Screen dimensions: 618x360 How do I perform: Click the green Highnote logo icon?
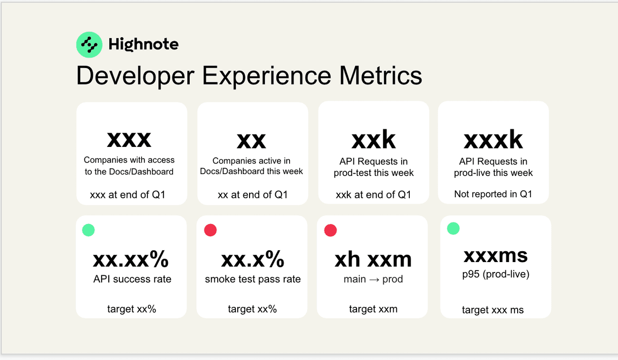tap(89, 45)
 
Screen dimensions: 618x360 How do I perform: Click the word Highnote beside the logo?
tap(144, 44)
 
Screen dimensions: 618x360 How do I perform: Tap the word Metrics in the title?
tap(380, 76)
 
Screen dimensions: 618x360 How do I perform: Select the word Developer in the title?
tap(135, 77)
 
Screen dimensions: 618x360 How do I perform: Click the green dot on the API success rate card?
tap(88, 230)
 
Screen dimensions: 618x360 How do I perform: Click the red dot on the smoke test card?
tap(210, 230)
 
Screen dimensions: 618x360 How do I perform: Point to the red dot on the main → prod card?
tap(330, 230)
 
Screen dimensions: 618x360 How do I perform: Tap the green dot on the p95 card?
tap(453, 228)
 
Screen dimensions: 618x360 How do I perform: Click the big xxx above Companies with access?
tap(129, 139)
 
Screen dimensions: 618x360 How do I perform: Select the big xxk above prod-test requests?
tap(374, 139)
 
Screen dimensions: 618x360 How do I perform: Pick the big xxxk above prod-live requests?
tap(493, 139)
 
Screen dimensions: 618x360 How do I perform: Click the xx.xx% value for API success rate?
tap(131, 259)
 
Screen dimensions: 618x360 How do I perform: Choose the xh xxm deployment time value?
tap(373, 260)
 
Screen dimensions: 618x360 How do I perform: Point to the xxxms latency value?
tap(495, 256)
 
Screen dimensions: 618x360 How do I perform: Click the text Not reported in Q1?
tap(493, 194)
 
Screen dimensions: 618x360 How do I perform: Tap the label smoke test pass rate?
tap(253, 279)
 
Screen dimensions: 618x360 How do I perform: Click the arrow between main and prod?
tap(374, 280)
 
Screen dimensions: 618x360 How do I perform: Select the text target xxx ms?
tap(493, 310)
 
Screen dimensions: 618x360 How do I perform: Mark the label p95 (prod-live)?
tap(496, 274)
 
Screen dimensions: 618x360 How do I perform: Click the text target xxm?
tap(373, 309)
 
